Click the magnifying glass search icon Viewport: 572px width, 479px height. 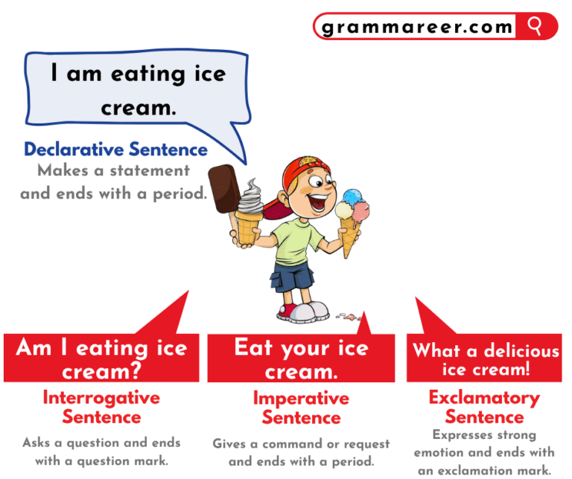click(535, 26)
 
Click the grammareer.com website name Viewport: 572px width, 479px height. click(417, 28)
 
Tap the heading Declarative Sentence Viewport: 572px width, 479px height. click(115, 150)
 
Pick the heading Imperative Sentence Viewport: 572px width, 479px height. click(301, 408)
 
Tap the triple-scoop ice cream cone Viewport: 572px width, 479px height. click(352, 216)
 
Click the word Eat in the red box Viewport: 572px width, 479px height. click(254, 347)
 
